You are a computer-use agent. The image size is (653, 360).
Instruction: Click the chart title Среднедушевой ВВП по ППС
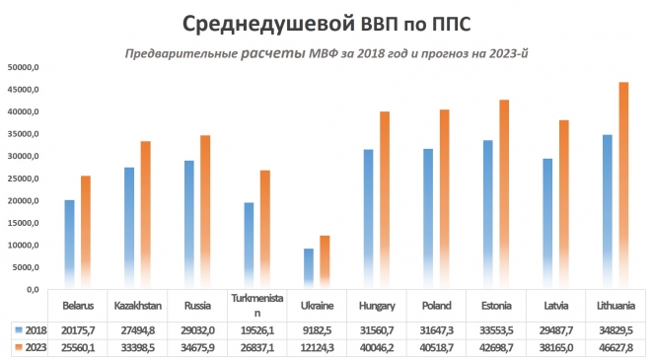point(326,21)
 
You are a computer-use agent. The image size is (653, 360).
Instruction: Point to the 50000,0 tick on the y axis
point(22,68)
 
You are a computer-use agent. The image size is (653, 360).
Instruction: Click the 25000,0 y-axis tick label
point(22,179)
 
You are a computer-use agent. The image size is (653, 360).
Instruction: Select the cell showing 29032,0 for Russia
point(197,328)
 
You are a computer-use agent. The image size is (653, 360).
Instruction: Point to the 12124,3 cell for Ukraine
point(318,346)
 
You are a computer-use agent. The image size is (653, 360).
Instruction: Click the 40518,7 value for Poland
point(437,346)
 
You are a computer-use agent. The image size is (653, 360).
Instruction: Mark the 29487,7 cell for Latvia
point(556,328)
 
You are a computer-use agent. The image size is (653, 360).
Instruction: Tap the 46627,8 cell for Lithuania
point(616,346)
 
